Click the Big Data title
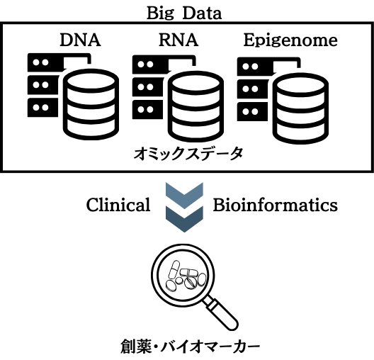(184, 13)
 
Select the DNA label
(80, 40)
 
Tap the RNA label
(178, 40)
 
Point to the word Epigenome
(290, 40)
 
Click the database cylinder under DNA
(91, 104)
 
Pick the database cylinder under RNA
(195, 106)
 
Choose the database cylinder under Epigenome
(300, 108)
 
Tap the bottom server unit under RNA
(147, 110)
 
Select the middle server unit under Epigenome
(251, 89)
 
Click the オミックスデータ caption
(188, 153)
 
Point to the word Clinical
(118, 205)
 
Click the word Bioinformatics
(276, 205)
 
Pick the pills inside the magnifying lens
(186, 276)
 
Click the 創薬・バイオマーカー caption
(190, 347)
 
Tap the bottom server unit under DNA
(42, 107)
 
